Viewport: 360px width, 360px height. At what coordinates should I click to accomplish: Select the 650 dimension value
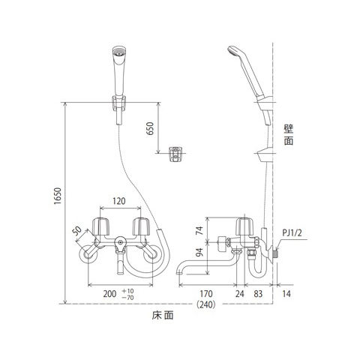click(x=150, y=128)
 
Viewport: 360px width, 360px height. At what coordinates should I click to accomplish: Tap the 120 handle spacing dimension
click(x=118, y=201)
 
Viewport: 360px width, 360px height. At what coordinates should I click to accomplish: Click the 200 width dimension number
click(x=110, y=294)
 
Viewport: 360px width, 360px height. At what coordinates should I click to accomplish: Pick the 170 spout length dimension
click(x=206, y=294)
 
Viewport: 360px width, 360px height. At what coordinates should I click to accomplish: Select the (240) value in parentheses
click(x=206, y=304)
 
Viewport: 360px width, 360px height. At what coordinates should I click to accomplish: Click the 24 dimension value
click(x=239, y=294)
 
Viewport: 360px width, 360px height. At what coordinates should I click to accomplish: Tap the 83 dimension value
click(x=258, y=294)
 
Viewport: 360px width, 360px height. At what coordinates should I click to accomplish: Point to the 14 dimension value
click(x=286, y=294)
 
